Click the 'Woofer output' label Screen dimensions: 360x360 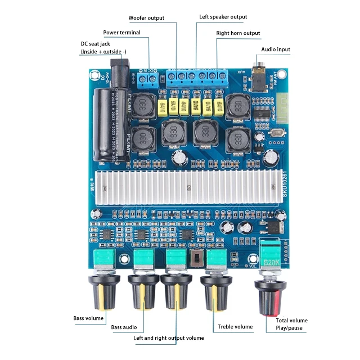[x=146, y=18]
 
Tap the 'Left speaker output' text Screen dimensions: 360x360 [x=223, y=17]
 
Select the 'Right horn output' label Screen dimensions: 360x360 [x=238, y=33]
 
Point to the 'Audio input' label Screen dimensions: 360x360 [x=276, y=49]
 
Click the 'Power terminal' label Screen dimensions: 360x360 [x=122, y=33]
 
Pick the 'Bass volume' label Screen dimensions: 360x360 [x=88, y=318]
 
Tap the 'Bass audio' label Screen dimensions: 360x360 [x=124, y=327]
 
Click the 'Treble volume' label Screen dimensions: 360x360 [x=235, y=327]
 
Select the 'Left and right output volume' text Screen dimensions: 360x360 [x=169, y=338]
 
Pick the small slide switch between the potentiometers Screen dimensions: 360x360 [x=196, y=259]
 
